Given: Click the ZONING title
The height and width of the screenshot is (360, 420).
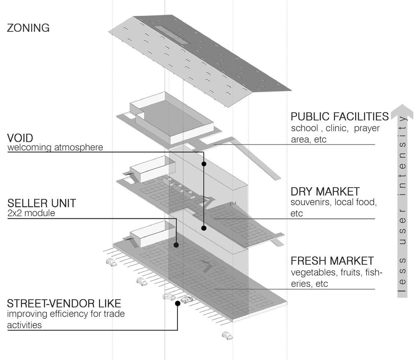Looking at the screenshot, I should [x=28, y=28].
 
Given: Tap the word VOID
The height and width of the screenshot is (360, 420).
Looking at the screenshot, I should [x=20, y=138].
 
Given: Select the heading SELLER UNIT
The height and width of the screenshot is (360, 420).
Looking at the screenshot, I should [x=41, y=203].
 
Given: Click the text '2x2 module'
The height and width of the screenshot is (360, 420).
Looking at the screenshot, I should [x=31, y=213].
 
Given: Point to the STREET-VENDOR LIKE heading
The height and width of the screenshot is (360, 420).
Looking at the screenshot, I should [x=64, y=304].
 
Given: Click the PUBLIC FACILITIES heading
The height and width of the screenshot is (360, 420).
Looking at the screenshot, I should [x=339, y=116].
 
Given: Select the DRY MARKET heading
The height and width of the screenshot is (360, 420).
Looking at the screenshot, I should [x=325, y=191].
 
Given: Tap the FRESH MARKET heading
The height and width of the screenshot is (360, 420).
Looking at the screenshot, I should [x=332, y=261].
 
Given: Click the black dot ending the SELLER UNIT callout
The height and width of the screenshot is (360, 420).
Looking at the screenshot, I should [x=176, y=245].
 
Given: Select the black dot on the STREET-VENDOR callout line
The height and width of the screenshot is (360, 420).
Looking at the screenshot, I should [x=178, y=303].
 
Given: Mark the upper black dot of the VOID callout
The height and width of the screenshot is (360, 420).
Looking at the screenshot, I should [x=204, y=164].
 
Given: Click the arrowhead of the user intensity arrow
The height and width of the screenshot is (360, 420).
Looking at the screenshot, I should [x=402, y=111].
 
